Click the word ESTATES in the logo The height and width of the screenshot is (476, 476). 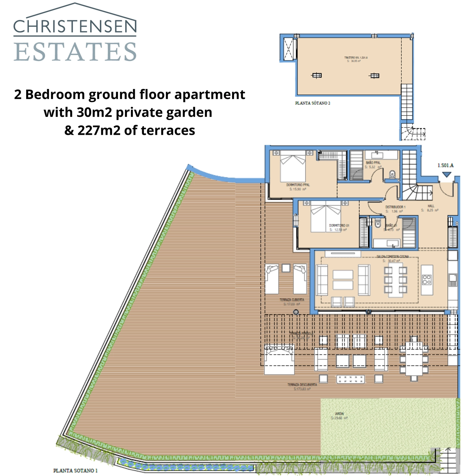coord(75,52)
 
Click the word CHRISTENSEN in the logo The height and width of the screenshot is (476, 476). coord(75,26)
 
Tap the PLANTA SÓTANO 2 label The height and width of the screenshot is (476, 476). coord(312,103)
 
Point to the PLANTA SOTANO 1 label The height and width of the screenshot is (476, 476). coord(75,470)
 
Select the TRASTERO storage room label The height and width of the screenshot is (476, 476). coord(356,58)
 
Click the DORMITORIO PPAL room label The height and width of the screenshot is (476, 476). coord(298,185)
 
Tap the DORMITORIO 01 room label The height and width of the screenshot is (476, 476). coord(339,226)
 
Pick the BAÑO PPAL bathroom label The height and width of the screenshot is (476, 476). coord(373,163)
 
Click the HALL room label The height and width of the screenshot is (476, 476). coord(431,206)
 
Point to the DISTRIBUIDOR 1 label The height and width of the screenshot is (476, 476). coord(395,207)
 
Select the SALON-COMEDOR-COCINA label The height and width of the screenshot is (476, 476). coord(392,256)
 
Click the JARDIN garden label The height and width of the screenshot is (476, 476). coord(339,414)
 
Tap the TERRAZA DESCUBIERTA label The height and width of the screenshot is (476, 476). coord(302,385)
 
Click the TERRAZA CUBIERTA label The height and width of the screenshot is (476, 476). coord(292,300)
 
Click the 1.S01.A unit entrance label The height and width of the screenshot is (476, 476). coord(445,165)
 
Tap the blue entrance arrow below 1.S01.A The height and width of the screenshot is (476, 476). coord(446,175)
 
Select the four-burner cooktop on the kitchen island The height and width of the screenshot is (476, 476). coord(427,280)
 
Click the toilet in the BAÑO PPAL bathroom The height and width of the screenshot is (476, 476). coord(392,174)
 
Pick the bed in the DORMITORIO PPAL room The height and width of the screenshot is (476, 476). coord(293,167)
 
